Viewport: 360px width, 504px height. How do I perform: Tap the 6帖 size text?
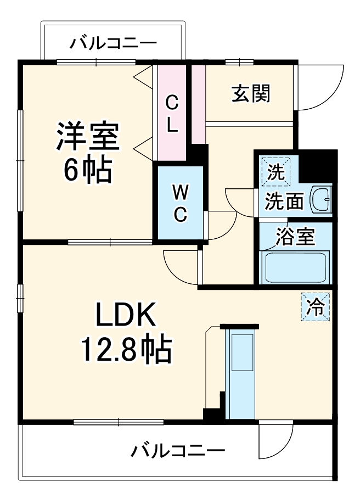click(88, 171)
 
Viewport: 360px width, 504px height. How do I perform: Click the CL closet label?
click(172, 114)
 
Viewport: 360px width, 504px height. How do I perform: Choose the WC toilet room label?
click(180, 203)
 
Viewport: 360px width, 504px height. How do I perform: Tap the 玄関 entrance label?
click(250, 94)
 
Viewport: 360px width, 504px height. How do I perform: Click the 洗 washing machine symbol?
click(276, 172)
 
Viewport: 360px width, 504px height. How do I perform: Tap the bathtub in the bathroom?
click(296, 267)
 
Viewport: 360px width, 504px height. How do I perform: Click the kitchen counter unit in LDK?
click(240, 373)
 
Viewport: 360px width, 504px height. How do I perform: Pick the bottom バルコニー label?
click(178, 451)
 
